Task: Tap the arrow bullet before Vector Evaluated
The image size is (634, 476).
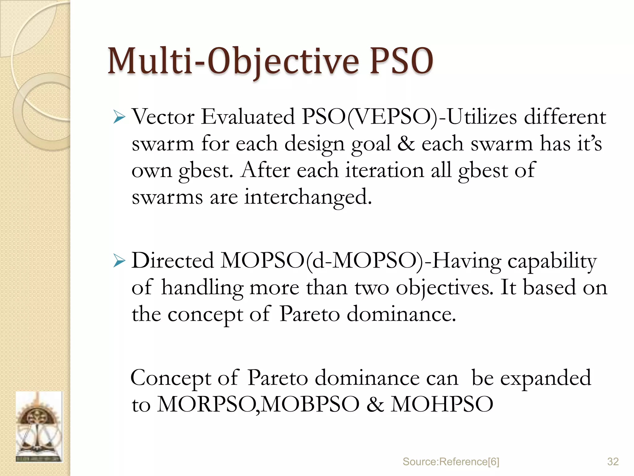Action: tap(119, 117)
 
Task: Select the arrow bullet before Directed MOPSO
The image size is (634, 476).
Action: tap(119, 261)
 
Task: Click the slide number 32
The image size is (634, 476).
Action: tap(613, 462)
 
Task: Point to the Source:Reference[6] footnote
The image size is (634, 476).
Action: tap(451, 462)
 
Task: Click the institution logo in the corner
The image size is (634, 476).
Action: tap(39, 427)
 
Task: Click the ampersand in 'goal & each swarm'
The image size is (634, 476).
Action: tap(406, 144)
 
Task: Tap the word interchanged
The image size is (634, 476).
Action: tap(308, 197)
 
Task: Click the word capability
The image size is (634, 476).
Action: tap(552, 261)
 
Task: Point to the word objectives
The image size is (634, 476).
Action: tap(445, 288)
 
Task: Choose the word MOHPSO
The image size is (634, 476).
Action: tap(442, 404)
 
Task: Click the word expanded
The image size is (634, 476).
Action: tap(545, 378)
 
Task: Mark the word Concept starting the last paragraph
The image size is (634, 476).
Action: tap(171, 378)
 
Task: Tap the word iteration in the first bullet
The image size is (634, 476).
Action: tap(385, 170)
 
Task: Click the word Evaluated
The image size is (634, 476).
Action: tap(248, 117)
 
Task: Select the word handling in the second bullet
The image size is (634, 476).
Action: tap(202, 288)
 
